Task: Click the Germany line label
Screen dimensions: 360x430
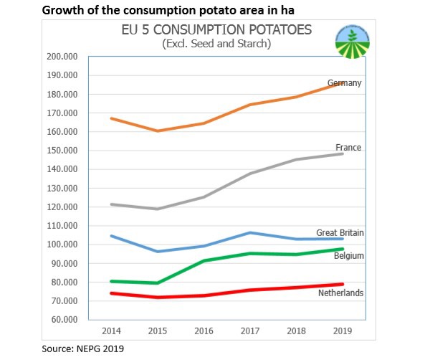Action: coord(344,83)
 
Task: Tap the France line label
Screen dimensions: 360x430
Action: coord(348,148)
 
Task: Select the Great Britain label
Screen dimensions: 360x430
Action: coord(340,233)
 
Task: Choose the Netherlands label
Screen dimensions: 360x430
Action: coord(340,293)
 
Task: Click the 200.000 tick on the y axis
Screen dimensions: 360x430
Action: coord(62,57)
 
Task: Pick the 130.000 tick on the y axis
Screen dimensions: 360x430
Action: coord(62,188)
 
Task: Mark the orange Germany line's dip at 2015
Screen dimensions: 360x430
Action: coord(158,131)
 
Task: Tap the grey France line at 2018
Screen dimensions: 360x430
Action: coord(296,159)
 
